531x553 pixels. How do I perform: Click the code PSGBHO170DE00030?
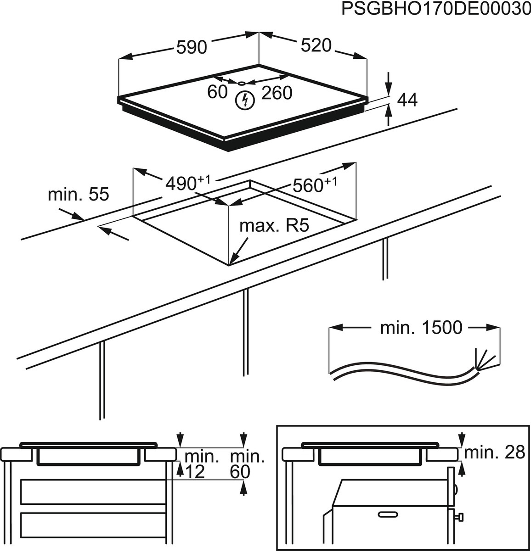[436, 9]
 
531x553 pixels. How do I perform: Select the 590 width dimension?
[192, 47]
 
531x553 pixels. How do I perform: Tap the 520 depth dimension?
[316, 45]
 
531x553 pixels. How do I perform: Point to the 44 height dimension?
[407, 100]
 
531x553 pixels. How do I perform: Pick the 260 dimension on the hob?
[277, 93]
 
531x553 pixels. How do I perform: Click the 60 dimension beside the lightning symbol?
[218, 92]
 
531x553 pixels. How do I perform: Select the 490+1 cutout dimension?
[188, 183]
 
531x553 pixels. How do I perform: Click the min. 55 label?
[79, 195]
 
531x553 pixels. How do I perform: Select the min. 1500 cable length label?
[422, 328]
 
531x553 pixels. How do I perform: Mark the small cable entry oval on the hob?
[242, 83]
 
